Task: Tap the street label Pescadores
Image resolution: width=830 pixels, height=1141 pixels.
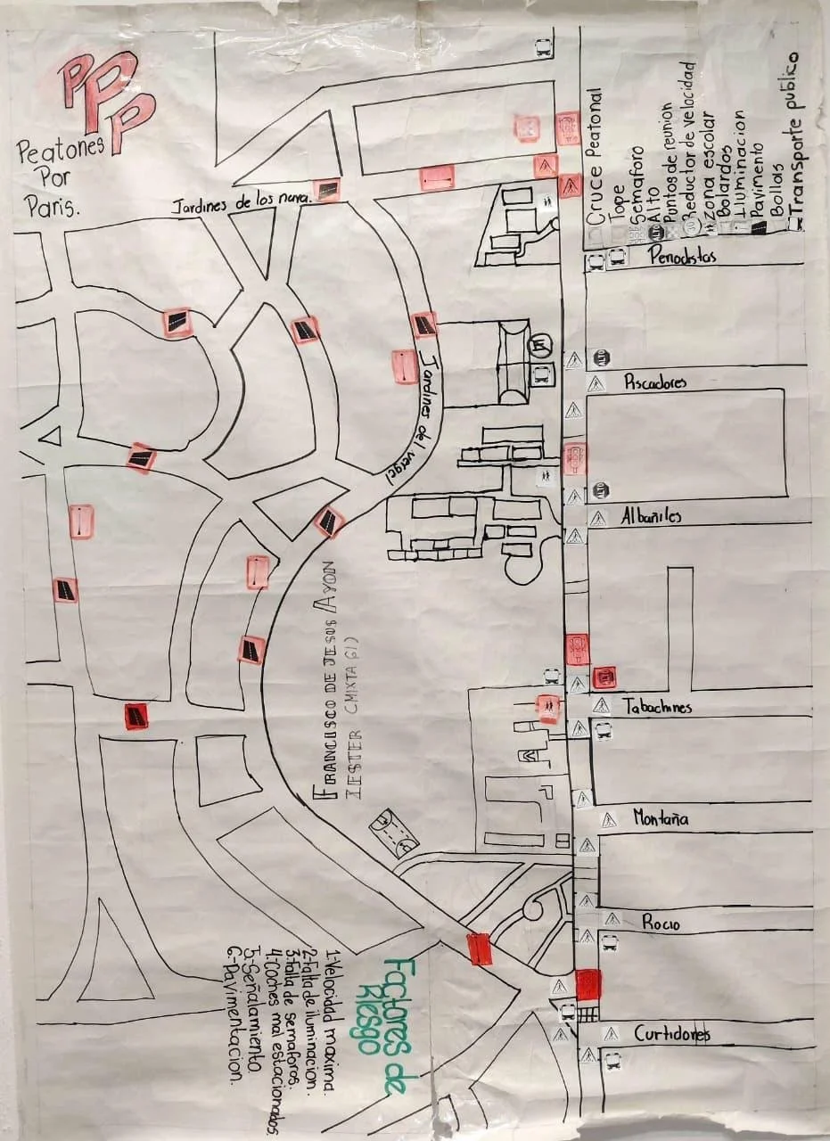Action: (x=655, y=382)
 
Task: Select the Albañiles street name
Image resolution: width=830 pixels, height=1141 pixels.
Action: (x=651, y=516)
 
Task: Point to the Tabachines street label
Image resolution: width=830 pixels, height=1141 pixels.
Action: (x=658, y=707)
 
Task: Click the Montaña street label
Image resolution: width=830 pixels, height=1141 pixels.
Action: (x=661, y=817)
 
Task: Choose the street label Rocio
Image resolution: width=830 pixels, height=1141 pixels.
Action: (x=661, y=923)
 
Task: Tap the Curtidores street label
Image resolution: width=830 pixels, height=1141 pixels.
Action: (x=671, y=1034)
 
